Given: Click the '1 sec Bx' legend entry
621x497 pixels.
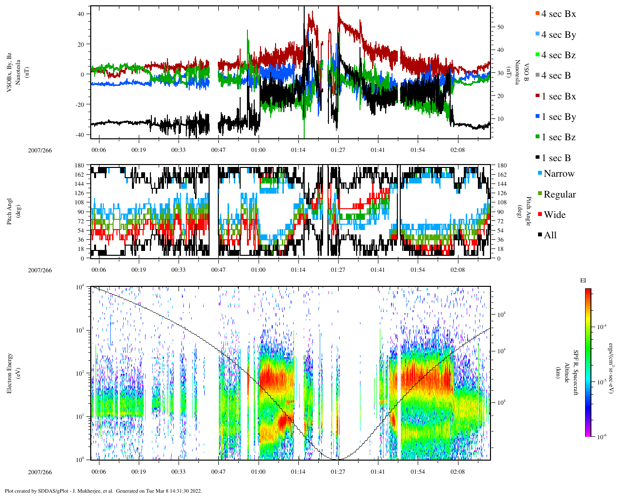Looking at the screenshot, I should pyautogui.click(x=558, y=97).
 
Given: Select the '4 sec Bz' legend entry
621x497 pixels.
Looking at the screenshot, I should pyautogui.click(x=558, y=55).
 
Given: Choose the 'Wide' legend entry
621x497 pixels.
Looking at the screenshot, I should pyautogui.click(x=555, y=215).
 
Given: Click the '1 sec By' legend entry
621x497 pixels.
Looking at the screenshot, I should pyautogui.click(x=558, y=117).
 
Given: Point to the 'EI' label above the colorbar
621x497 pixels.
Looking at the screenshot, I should pyautogui.click(x=584, y=281).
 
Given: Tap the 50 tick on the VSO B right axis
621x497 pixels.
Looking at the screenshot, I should pyautogui.click(x=500, y=27).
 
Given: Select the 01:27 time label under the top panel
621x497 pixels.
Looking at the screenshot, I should pyautogui.click(x=338, y=150).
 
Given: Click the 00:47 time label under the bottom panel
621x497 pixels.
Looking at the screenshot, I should pyautogui.click(x=218, y=472).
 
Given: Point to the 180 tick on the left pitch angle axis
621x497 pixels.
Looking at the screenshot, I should pyautogui.click(x=80, y=166).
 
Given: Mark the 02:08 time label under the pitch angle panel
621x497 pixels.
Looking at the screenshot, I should pyautogui.click(x=458, y=270).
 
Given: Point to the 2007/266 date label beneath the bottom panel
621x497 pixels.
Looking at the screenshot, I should pyautogui.click(x=40, y=472).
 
